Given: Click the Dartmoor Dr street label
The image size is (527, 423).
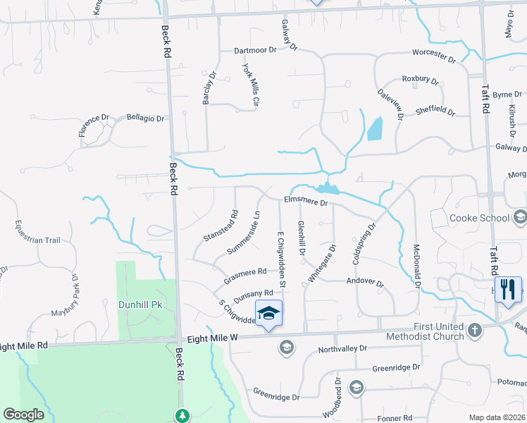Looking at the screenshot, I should pyautogui.click(x=261, y=51).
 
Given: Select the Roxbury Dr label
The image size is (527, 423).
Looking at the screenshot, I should pyautogui.click(x=420, y=80).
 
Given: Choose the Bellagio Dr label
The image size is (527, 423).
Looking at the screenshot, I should pyautogui.click(x=145, y=118).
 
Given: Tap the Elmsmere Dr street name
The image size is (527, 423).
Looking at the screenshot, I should pyautogui.click(x=306, y=202).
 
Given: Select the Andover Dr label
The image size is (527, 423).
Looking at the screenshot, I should pyautogui.click(x=365, y=283).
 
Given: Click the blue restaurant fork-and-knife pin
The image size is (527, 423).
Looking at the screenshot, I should pyautogui.click(x=508, y=288).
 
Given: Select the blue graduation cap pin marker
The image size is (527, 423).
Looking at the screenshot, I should pyautogui.click(x=268, y=312).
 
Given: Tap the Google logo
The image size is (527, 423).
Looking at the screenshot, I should pyautogui.click(x=23, y=415).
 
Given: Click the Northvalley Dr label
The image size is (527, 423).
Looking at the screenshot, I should pyautogui.click(x=343, y=349).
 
